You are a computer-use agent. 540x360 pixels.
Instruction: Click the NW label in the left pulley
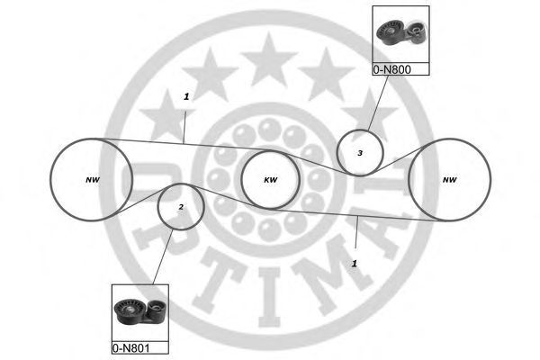tap(92, 180)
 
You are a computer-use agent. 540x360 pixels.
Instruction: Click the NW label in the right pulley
tap(450, 180)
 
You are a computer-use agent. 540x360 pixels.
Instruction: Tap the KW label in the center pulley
tap(271, 180)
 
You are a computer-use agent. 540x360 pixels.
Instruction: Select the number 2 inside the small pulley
tap(181, 207)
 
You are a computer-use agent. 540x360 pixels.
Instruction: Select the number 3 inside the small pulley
tap(360, 153)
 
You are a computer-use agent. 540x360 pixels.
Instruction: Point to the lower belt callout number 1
tap(355, 264)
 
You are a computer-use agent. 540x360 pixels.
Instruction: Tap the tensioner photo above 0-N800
tap(400, 34)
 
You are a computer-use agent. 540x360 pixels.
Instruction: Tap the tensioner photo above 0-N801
tap(140, 313)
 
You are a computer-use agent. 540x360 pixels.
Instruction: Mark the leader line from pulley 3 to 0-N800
tap(378, 103)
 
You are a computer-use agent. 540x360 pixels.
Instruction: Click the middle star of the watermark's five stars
tap(269, 59)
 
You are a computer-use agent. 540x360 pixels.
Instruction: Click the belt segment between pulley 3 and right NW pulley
tap(396, 160)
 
